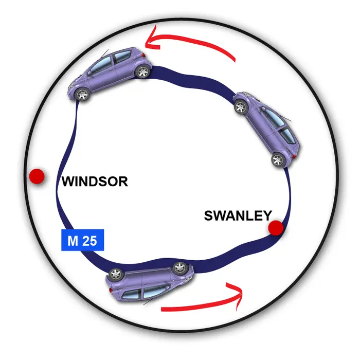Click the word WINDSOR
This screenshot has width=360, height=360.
pyautogui.click(x=95, y=182)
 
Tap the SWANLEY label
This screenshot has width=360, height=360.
pyautogui.click(x=238, y=215)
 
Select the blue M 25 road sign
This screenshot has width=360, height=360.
pyautogui.click(x=83, y=240)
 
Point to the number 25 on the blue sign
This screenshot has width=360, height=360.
pyautogui.click(x=90, y=241)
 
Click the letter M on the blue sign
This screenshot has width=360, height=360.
pyautogui.click(x=73, y=241)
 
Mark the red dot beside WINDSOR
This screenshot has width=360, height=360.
pyautogui.click(x=37, y=176)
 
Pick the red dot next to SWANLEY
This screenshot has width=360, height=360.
pyautogui.click(x=276, y=228)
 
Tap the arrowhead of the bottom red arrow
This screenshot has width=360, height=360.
pyautogui.click(x=236, y=295)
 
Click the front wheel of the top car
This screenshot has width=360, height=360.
pyautogui.click(x=82, y=94)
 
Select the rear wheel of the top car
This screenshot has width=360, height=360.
pyautogui.click(x=143, y=71)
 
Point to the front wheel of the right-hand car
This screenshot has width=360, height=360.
pyautogui.click(x=241, y=107)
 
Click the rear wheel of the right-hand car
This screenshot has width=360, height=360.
pyautogui.click(x=278, y=160)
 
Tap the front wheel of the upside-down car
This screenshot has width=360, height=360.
pyautogui.click(x=180, y=268)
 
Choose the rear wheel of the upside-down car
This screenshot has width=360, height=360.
pyautogui.click(x=116, y=274)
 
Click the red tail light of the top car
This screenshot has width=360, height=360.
pyautogui.click(x=143, y=55)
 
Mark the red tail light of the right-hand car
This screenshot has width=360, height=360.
pyautogui.click(x=294, y=156)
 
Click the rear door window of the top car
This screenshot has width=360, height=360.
pyautogui.click(x=122, y=56)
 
